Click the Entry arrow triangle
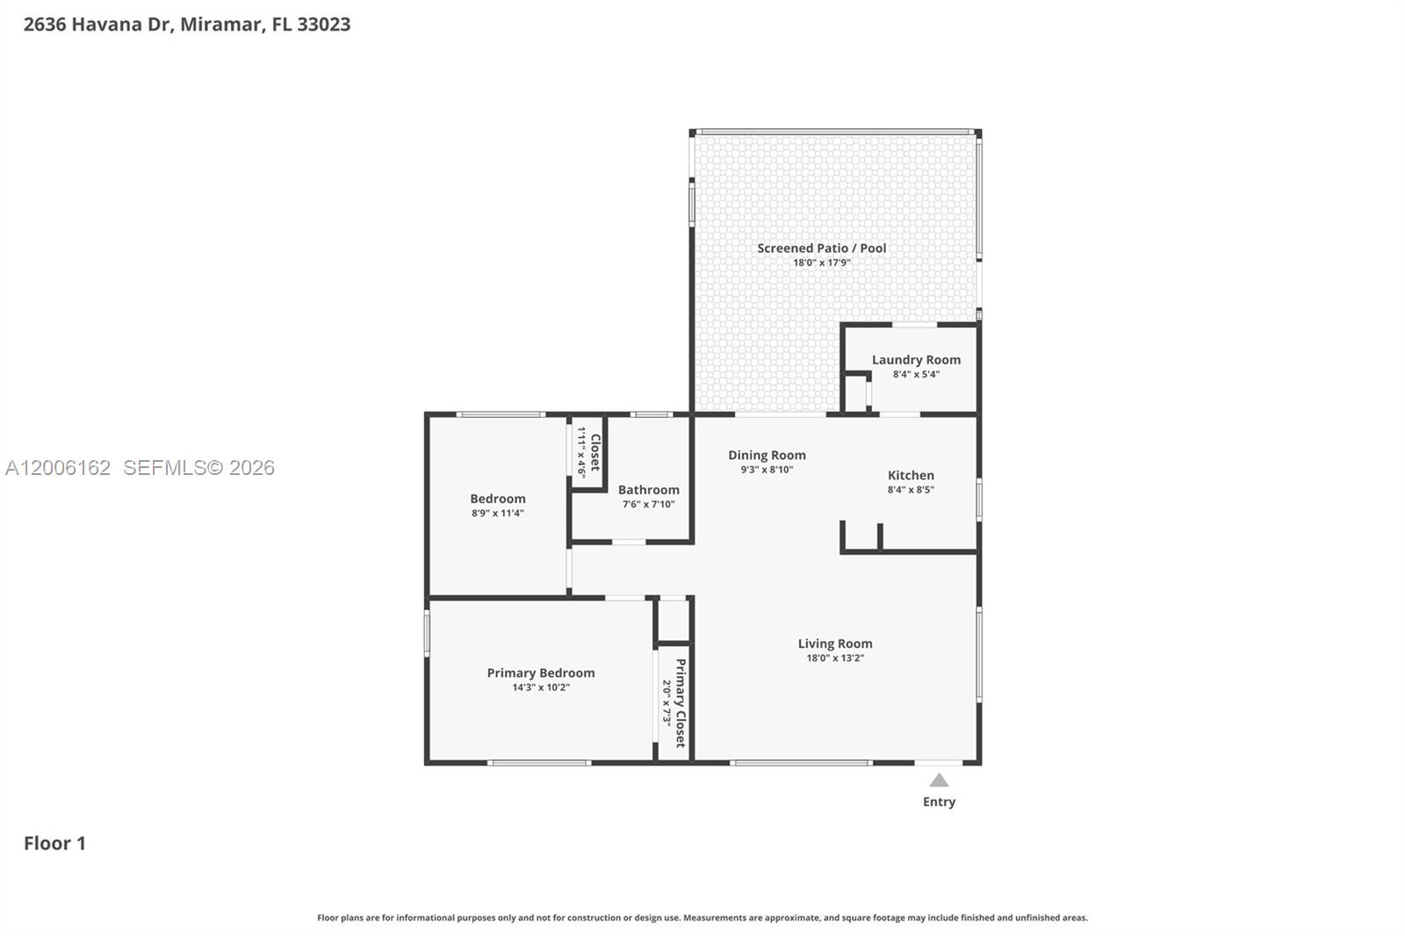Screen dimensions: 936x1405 [x=939, y=781]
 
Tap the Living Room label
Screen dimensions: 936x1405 [x=835, y=644]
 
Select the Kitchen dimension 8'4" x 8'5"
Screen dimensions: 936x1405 [x=911, y=490]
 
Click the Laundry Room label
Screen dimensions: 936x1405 [x=916, y=360]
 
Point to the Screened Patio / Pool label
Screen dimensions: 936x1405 [x=822, y=248]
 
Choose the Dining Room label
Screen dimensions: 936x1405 [x=767, y=455]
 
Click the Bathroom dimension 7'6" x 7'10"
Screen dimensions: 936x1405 [x=648, y=505]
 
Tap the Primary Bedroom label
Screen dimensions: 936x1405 [x=541, y=673]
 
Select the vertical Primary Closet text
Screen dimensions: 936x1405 [x=681, y=702]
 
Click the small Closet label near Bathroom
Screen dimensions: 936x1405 [x=595, y=452]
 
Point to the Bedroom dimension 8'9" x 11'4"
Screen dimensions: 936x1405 [x=498, y=514]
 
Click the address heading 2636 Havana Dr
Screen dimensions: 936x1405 [x=186, y=25]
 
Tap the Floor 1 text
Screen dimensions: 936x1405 [x=54, y=844]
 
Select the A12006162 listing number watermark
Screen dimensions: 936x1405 [x=58, y=468]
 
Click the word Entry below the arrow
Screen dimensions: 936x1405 [x=939, y=802]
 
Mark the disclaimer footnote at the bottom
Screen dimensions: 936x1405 [x=702, y=918]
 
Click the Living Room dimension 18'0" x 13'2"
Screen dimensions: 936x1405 [x=835, y=659]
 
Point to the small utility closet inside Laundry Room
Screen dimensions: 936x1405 [x=855, y=393]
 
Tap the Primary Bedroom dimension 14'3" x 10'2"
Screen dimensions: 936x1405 [x=541, y=688]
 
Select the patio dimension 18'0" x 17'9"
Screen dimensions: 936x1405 [x=822, y=263]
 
